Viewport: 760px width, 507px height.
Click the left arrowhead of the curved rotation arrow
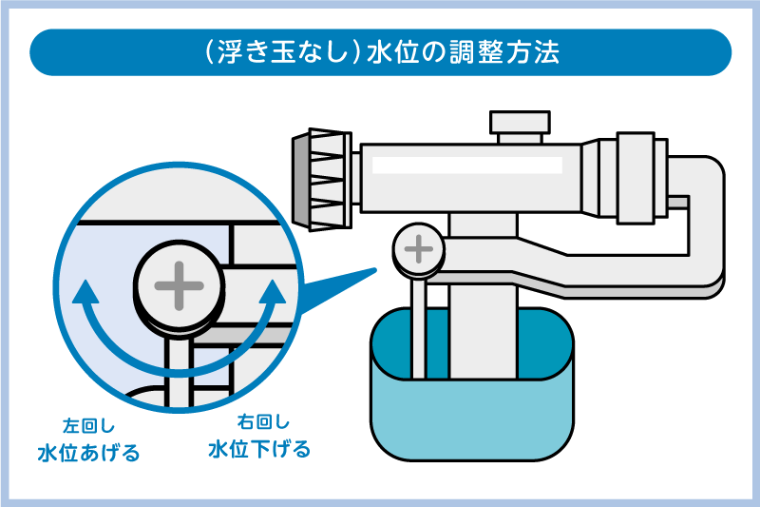(85, 289)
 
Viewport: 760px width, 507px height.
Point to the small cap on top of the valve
(520, 125)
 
